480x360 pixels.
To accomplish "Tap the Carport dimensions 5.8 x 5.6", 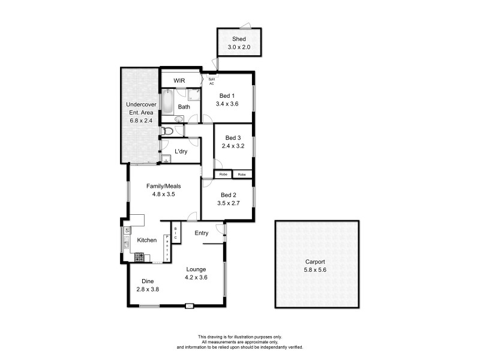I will click(x=314, y=270).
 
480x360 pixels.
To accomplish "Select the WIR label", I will click(x=179, y=80).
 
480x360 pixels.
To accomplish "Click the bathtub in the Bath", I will click(x=167, y=102).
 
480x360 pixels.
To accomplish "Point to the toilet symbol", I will click(x=168, y=131).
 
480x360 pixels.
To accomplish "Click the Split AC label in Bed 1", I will click(x=211, y=82).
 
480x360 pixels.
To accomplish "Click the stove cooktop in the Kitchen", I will click(x=139, y=257).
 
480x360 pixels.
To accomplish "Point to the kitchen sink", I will click(x=127, y=244).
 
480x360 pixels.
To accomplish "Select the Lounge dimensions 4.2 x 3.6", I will click(x=196, y=277).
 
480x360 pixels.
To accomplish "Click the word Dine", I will click(x=148, y=281).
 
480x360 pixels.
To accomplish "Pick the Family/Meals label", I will click(x=164, y=186).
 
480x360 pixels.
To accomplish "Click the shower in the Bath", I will click(x=193, y=94).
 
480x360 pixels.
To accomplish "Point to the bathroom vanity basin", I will click(x=179, y=119).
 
